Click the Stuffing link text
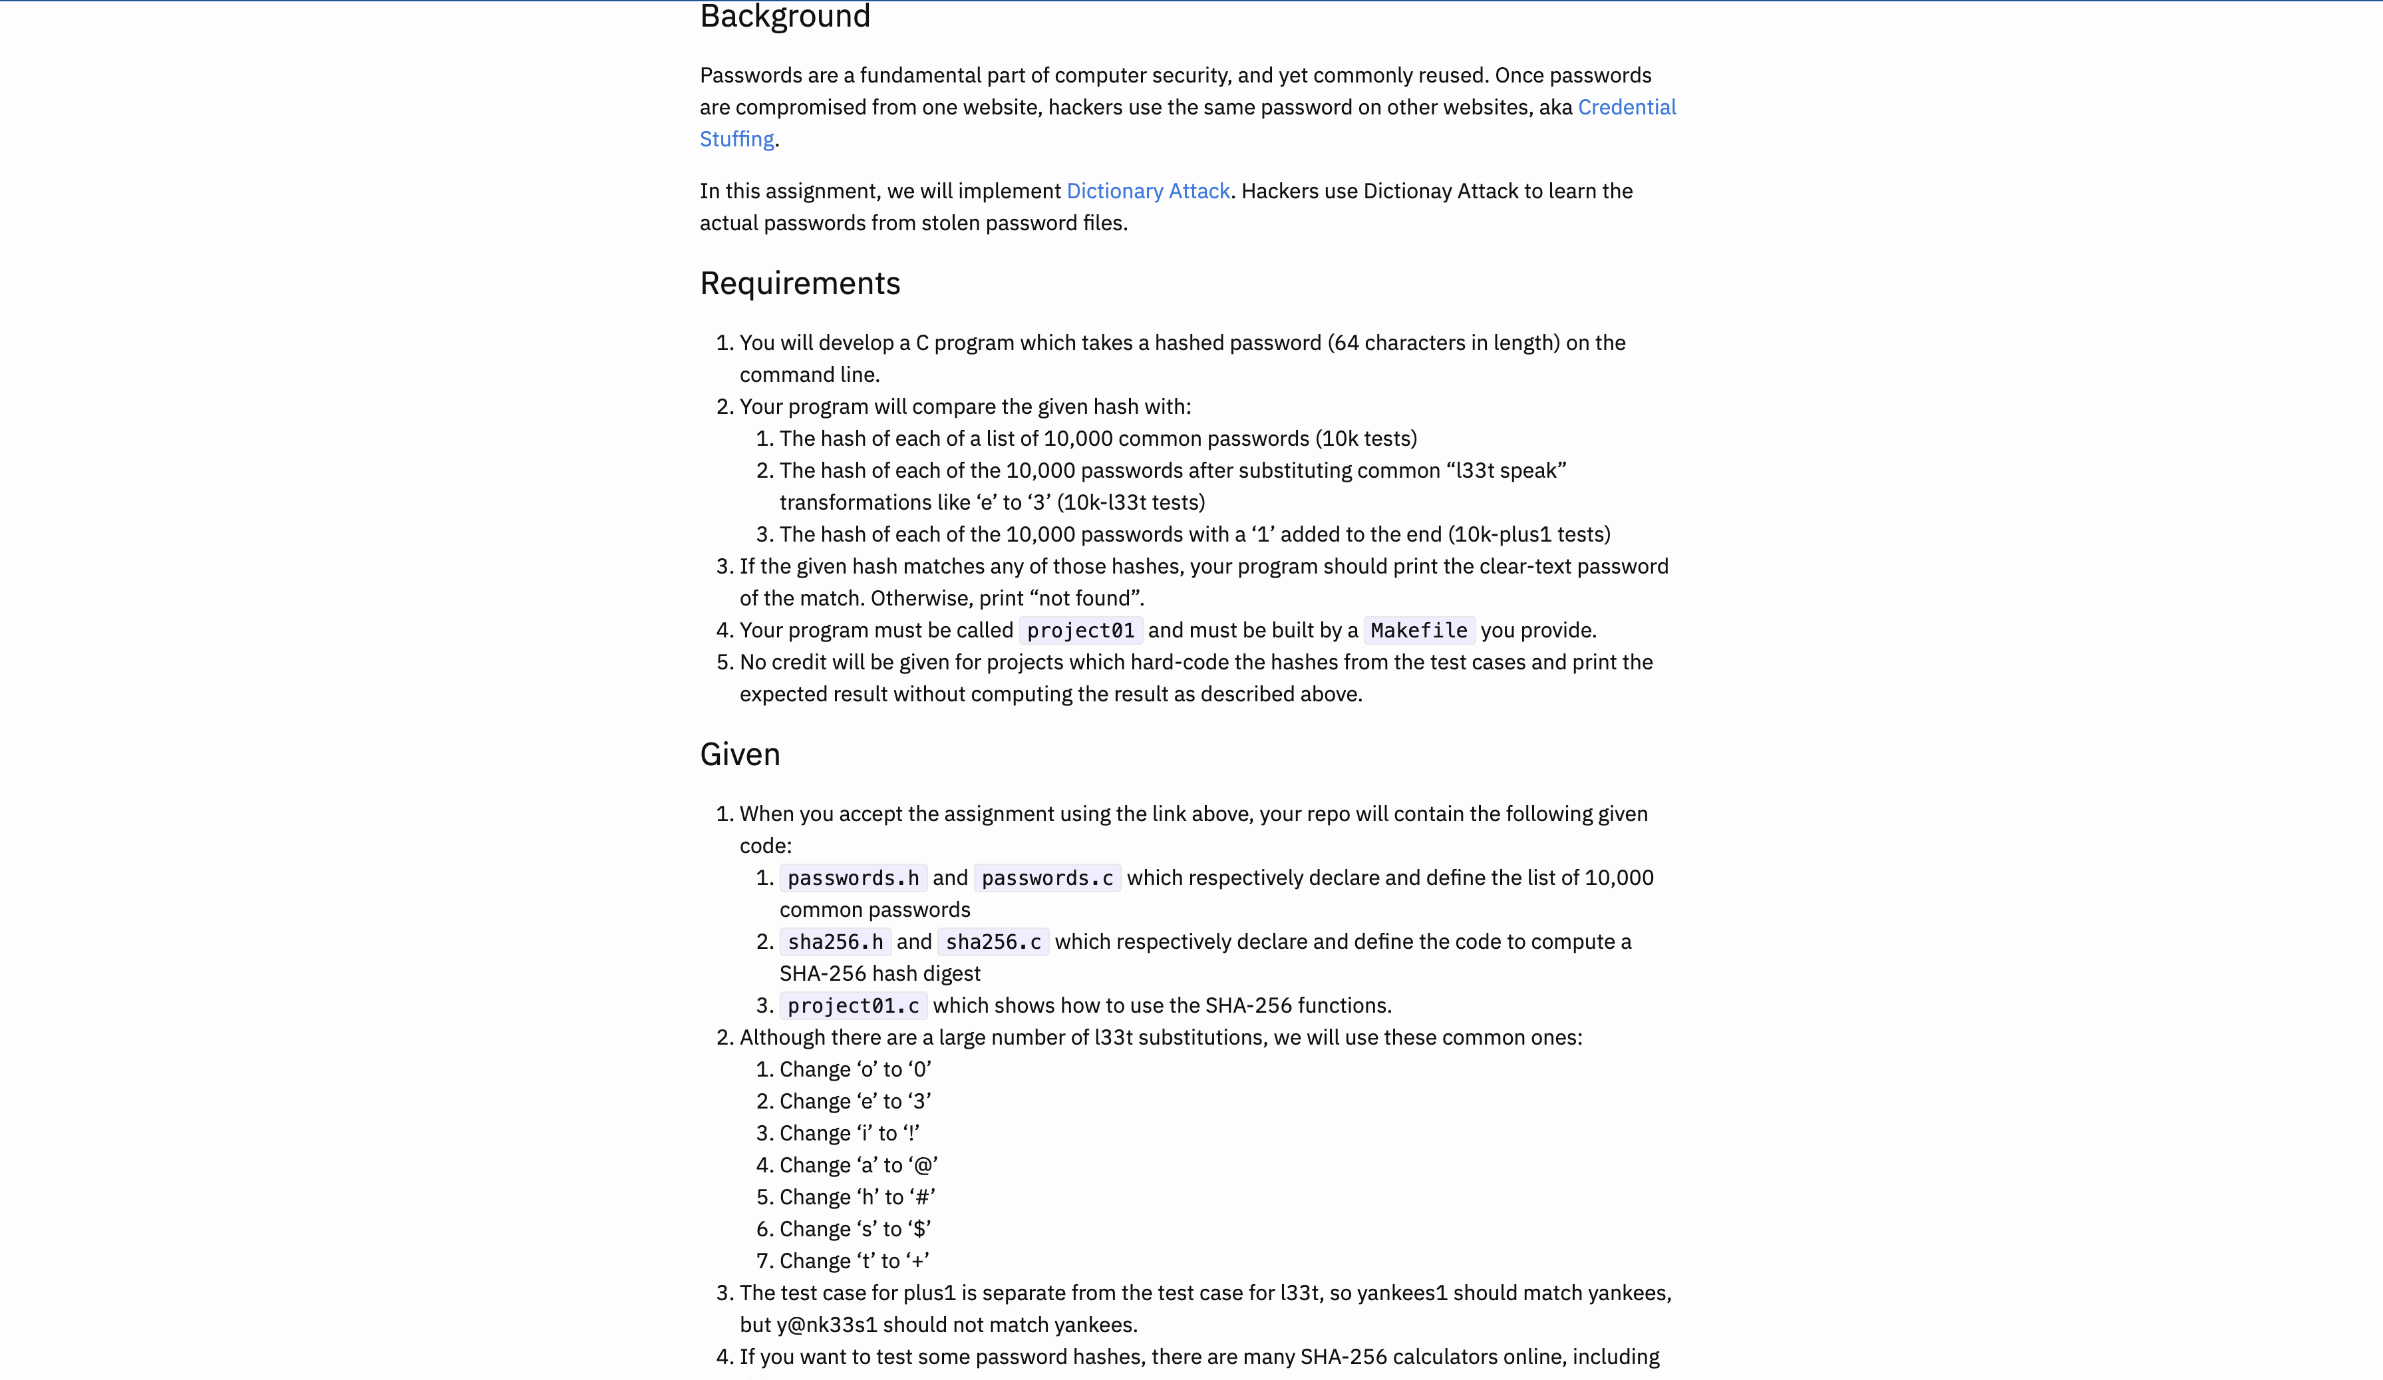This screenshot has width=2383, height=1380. coord(736,139)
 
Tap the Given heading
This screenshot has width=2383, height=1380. coord(740,755)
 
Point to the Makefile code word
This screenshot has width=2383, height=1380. coord(1418,631)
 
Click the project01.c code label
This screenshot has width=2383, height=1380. coord(852,1006)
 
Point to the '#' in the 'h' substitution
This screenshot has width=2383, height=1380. coord(922,1198)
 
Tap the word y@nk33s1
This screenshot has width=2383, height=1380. coord(826,1325)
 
